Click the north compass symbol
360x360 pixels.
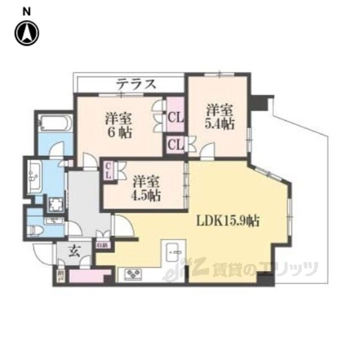(26, 33)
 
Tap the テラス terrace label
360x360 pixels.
(136, 84)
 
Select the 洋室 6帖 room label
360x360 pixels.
(118, 126)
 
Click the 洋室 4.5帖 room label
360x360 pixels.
(146, 188)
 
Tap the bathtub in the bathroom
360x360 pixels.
(54, 123)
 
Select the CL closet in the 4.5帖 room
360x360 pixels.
(107, 170)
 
